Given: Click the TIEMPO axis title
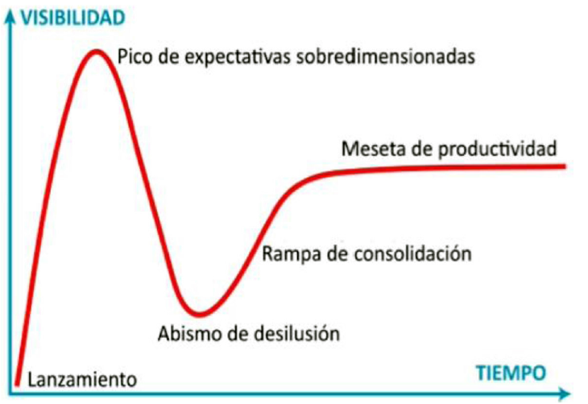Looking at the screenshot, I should (x=510, y=372).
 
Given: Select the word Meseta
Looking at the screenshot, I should (x=367, y=149).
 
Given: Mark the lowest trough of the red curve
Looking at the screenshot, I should (x=198, y=312).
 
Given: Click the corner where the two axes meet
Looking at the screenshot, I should (x=10, y=394).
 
